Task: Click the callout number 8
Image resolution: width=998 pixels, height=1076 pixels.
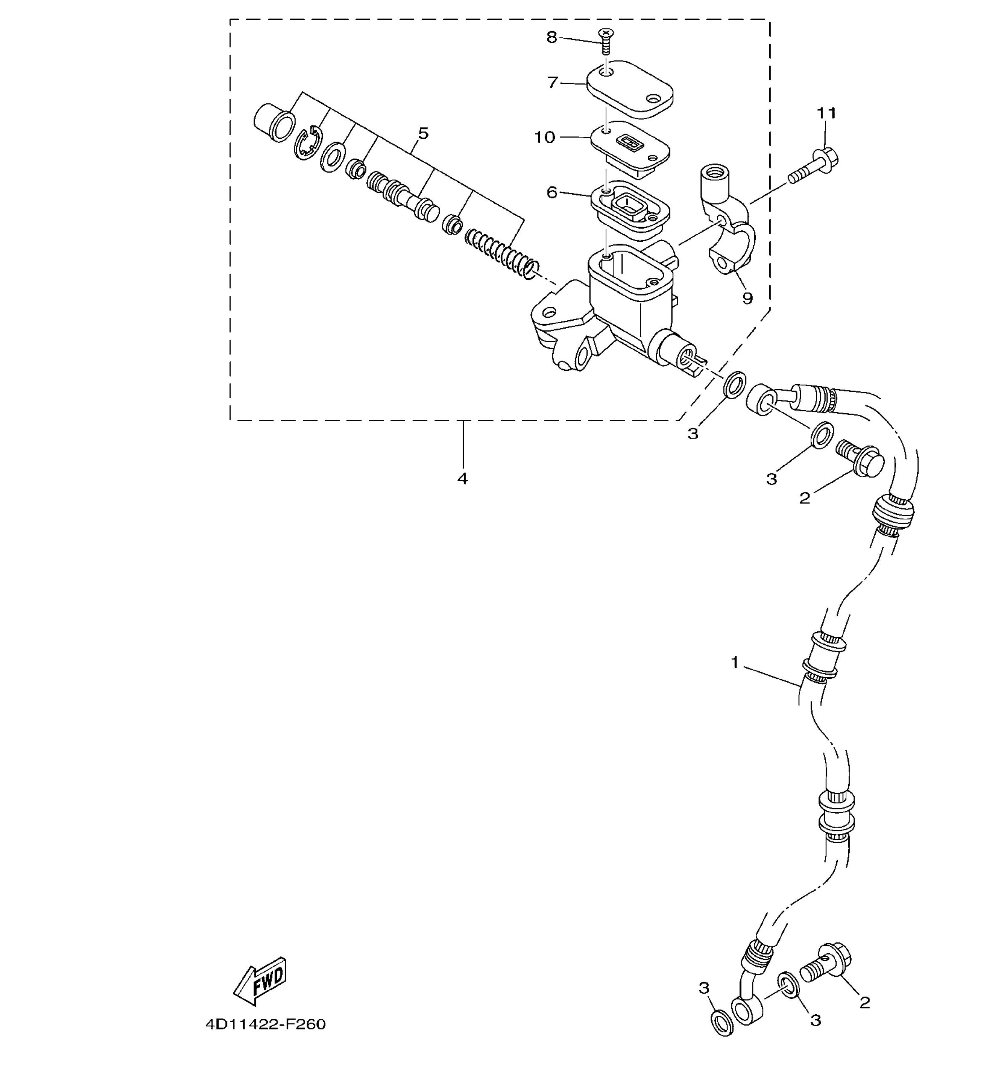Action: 552,37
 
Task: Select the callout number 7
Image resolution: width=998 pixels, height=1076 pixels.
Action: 552,83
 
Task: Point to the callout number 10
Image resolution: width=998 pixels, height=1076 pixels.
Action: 544,138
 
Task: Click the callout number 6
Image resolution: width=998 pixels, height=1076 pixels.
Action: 552,192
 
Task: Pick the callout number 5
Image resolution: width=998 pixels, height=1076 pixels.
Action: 423,133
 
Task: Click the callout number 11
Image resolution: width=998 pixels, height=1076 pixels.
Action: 826,113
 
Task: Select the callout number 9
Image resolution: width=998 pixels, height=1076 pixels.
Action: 747,298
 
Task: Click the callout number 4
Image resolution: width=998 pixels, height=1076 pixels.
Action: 462,478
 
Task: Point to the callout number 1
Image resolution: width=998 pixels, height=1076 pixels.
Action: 734,662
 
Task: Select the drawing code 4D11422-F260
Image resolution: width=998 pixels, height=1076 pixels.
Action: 266,1024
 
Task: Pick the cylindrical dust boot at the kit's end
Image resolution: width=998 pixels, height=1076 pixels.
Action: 275,124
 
